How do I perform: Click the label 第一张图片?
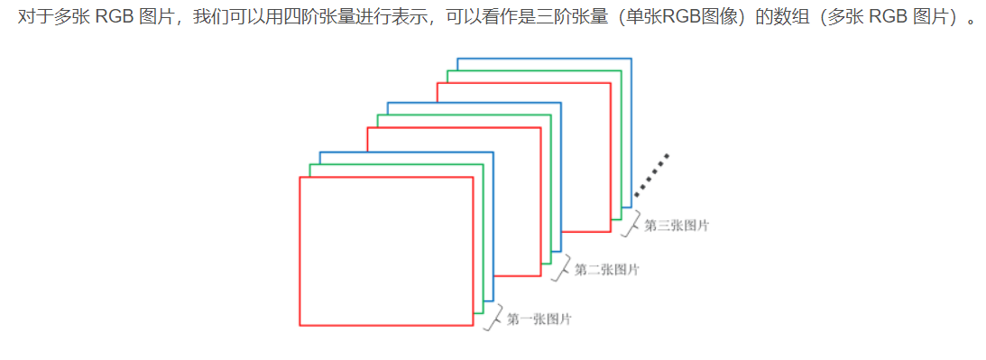pyautogui.click(x=539, y=319)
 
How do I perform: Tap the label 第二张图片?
pyautogui.click(x=606, y=270)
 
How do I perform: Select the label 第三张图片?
pyautogui.click(x=676, y=226)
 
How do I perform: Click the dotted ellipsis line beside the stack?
pyautogui.click(x=652, y=174)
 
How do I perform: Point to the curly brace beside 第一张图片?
pyautogui.click(x=492, y=317)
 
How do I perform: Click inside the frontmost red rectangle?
pyautogui.click(x=386, y=251)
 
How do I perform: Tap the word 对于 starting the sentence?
pyautogui.click(x=34, y=20)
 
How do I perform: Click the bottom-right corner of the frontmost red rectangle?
pyautogui.click(x=473, y=325)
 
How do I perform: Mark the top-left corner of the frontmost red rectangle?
pyautogui.click(x=299, y=178)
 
